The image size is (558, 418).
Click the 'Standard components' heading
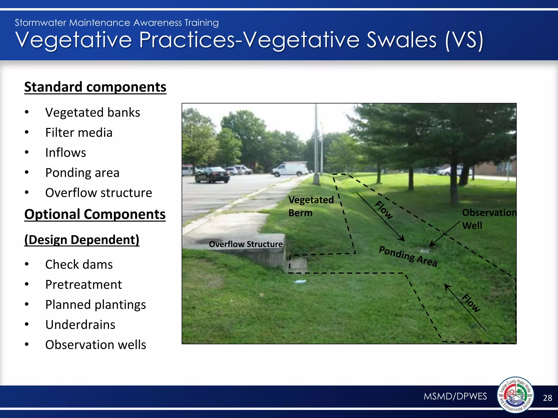click(x=95, y=87)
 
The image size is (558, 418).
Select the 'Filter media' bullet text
click(x=79, y=133)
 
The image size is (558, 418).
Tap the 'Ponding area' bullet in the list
click(x=82, y=173)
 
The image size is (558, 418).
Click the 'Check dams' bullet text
click(x=79, y=265)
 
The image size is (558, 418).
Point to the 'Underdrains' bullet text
click(x=80, y=325)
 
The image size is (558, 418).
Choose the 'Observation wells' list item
click(x=95, y=345)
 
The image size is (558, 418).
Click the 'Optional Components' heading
click(x=95, y=214)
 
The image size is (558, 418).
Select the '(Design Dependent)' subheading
click(x=82, y=240)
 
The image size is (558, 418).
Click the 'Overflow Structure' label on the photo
click(x=245, y=244)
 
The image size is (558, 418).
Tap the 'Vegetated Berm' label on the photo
click(x=311, y=206)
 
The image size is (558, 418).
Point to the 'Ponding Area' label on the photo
click(x=408, y=256)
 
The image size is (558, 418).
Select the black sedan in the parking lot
click(x=212, y=175)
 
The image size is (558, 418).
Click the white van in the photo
click(x=290, y=170)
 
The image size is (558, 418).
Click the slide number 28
click(x=547, y=398)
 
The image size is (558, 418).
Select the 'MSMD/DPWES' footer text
click(x=455, y=396)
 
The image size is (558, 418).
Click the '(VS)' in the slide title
click(x=464, y=40)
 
